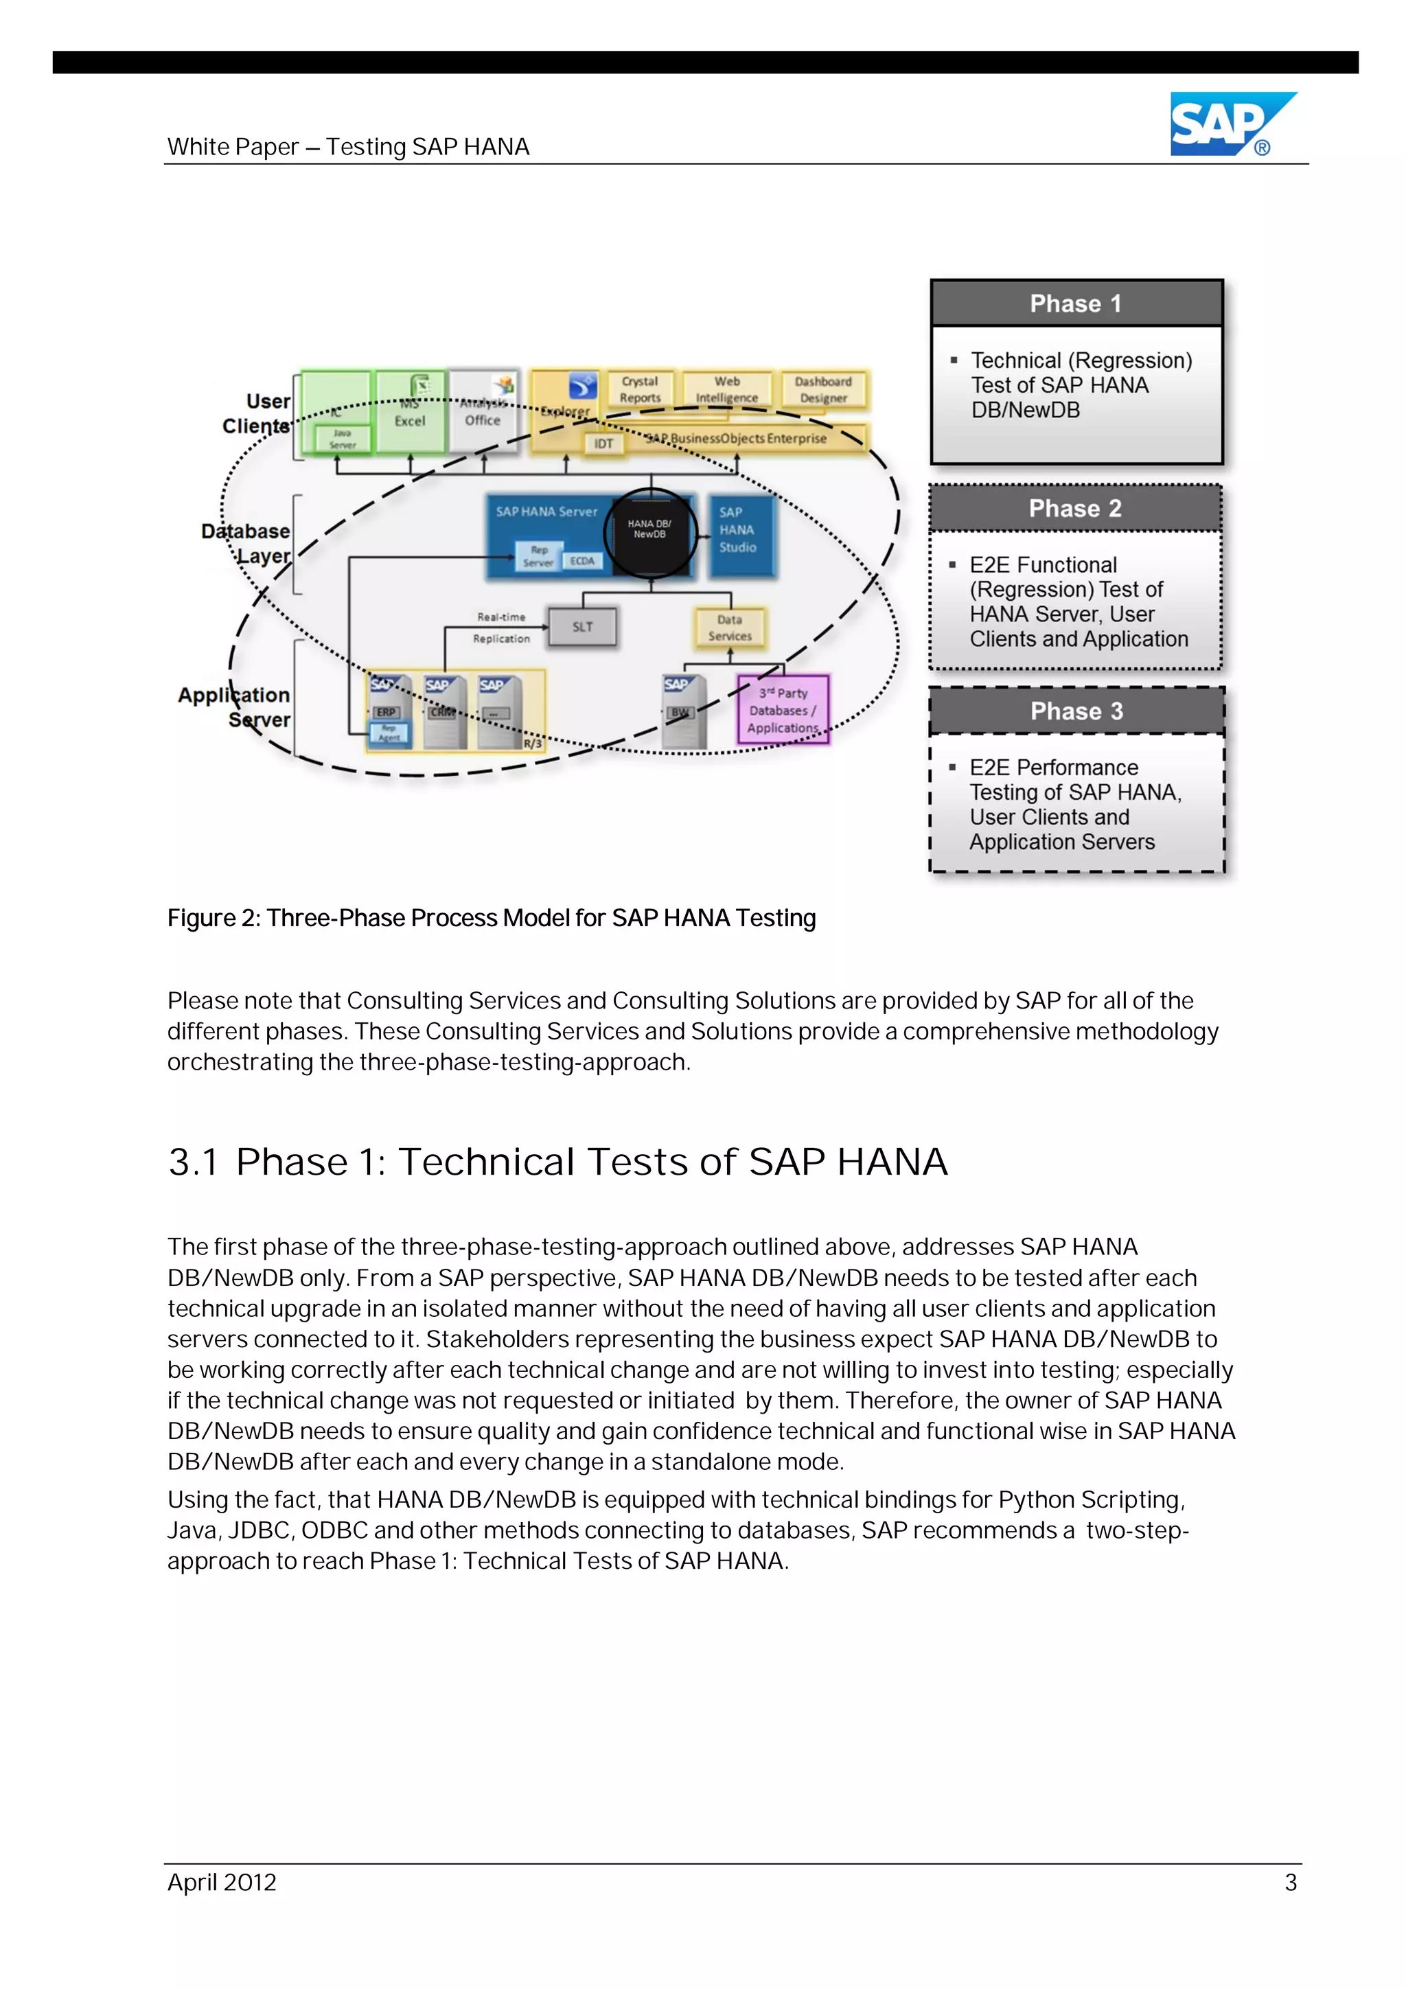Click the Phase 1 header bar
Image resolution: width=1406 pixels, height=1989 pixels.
pos(1076,303)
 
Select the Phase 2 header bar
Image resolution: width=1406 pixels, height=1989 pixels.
pos(1075,509)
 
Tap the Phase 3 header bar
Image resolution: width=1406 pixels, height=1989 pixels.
pos(1076,711)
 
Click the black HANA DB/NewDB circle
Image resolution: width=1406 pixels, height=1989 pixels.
pos(649,532)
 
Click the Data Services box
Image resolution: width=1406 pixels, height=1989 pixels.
pos(729,628)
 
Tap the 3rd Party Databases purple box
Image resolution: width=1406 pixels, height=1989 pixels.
pos(782,709)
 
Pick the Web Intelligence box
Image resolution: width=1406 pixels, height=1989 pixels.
pos(727,390)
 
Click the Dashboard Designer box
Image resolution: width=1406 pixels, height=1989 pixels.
pos(823,390)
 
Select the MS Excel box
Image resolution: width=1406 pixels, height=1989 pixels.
pos(410,413)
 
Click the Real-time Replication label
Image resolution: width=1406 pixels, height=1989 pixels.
pos(500,628)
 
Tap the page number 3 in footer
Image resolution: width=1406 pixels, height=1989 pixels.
pos(1290,1882)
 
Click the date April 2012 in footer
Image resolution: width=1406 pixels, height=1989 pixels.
pos(222,1882)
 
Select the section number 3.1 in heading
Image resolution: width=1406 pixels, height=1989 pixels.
pos(193,1162)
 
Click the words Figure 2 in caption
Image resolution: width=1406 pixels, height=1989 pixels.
pos(212,918)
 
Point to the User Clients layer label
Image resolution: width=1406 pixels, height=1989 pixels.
pos(257,413)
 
